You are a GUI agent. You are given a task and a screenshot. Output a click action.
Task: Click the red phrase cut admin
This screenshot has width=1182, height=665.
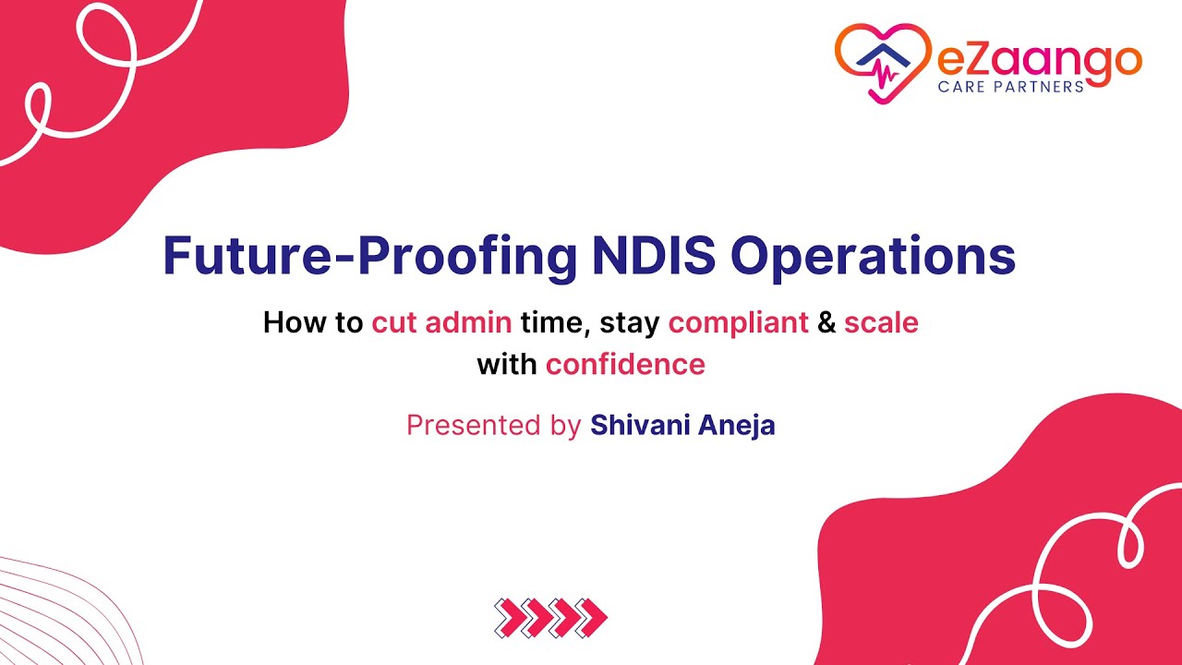[441, 322]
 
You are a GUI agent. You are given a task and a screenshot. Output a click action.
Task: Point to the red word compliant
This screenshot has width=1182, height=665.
[738, 322]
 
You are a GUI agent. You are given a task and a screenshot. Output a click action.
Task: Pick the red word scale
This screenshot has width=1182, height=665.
[881, 322]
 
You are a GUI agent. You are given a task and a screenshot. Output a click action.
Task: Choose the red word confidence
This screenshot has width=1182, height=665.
[625, 364]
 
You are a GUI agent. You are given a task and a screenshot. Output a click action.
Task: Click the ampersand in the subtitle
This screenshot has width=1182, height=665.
[826, 322]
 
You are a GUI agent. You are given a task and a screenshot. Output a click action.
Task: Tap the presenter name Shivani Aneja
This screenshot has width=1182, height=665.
[682, 425]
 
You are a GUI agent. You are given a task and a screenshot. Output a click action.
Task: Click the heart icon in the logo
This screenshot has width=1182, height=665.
[882, 61]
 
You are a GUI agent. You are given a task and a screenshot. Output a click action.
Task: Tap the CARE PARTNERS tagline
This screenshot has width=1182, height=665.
[1010, 86]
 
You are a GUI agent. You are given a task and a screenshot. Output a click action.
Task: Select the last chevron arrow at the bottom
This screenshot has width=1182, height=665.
[592, 616]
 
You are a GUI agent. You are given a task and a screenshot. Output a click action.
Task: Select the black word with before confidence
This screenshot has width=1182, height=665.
[507, 364]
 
